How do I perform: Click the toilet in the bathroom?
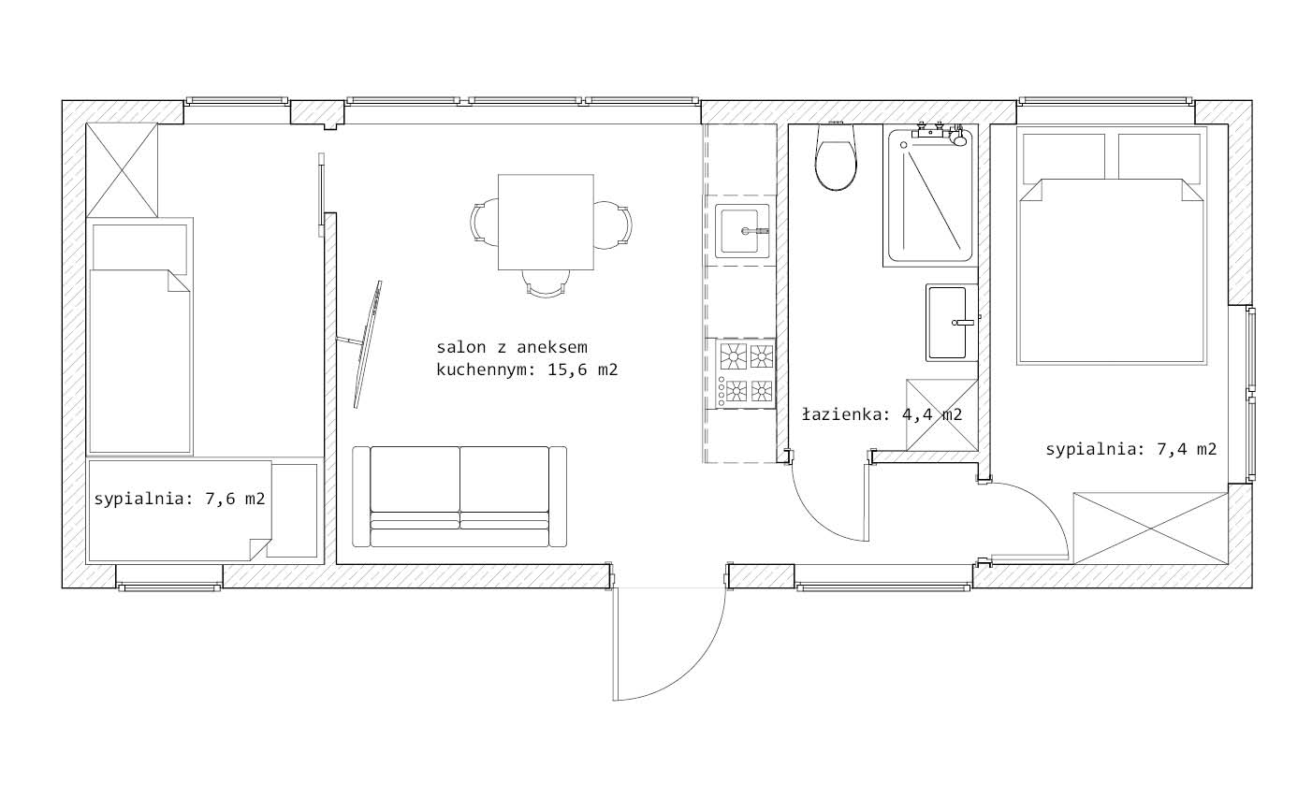(836, 156)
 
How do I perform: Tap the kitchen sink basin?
(742, 231)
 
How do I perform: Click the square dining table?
(546, 222)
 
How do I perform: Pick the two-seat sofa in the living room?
(459, 497)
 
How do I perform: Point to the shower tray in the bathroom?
(930, 196)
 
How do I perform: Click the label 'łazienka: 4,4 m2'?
(882, 415)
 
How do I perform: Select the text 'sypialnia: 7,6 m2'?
(180, 499)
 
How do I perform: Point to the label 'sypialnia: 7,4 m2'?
(1131, 449)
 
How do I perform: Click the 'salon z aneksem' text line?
(511, 347)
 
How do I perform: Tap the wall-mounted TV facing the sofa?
(367, 344)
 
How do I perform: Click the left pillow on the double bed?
(1064, 157)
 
